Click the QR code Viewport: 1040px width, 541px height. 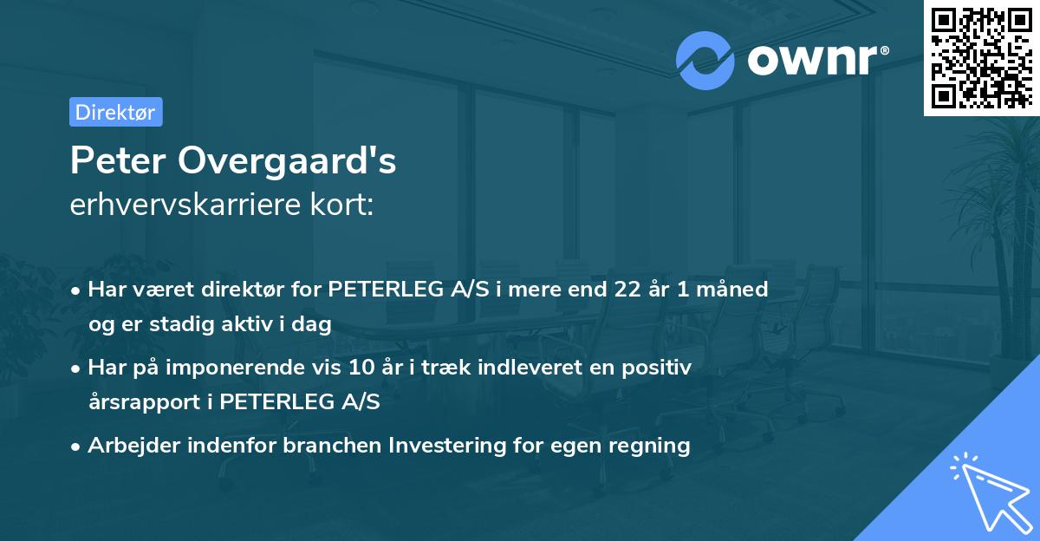(982, 58)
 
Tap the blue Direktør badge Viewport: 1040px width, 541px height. (115, 112)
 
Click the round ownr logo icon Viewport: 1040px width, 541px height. (705, 60)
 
